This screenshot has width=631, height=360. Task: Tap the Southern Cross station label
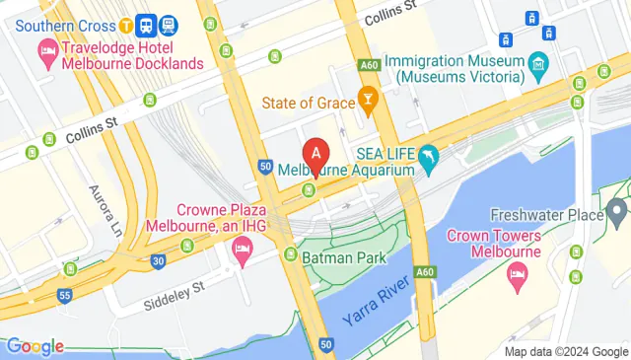[59, 25]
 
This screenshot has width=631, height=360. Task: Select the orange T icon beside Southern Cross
[127, 25]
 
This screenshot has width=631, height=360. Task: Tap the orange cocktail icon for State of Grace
[367, 99]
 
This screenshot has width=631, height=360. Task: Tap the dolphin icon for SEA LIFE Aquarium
[429, 158]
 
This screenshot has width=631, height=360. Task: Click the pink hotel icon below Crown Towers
[517, 278]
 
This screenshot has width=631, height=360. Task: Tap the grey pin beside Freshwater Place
[617, 209]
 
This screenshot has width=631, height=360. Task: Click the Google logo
[35, 346]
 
